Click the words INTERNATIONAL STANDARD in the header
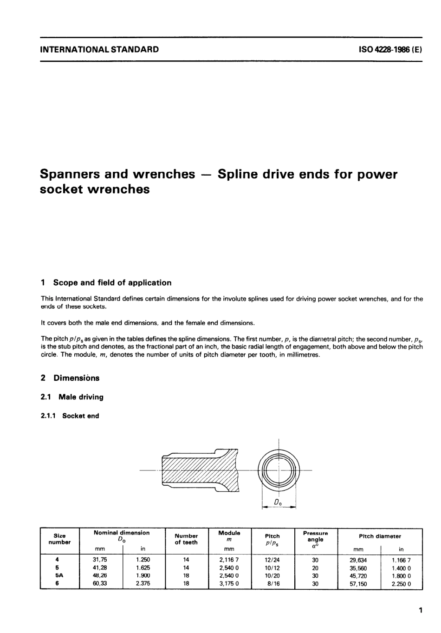[x=99, y=49]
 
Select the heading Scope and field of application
[x=112, y=282]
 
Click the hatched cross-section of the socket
[x=200, y=470]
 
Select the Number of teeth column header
[x=186, y=539]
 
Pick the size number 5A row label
[x=56, y=576]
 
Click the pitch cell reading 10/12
[x=272, y=568]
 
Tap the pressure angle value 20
[x=315, y=568]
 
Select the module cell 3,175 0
[x=229, y=584]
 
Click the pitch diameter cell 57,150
[x=358, y=584]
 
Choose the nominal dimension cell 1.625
[x=143, y=568]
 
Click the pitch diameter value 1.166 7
[x=401, y=560]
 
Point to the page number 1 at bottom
[x=420, y=610]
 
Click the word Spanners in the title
[x=74, y=175]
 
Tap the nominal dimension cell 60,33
[x=100, y=584]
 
